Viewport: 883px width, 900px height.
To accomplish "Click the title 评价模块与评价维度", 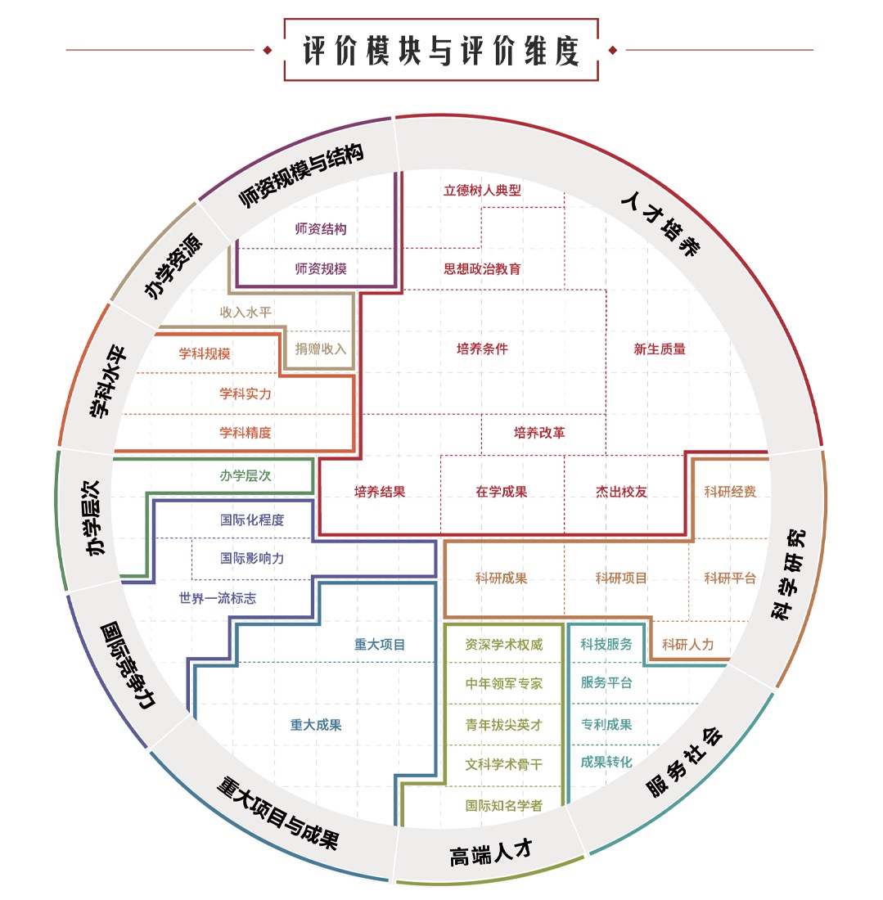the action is [x=441, y=51].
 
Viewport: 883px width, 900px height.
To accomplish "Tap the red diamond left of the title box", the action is [x=267, y=50].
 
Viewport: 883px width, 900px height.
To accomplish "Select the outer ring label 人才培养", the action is [x=661, y=223].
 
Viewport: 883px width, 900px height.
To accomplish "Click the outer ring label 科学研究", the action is [x=788, y=574].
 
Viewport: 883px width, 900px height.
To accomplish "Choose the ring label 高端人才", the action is [x=491, y=853].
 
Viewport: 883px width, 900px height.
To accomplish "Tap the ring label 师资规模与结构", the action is [x=301, y=175].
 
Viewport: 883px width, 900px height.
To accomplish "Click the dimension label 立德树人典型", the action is [x=482, y=191].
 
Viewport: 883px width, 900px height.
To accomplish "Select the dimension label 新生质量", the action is [x=660, y=349].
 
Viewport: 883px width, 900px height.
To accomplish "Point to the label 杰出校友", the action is [x=621, y=492].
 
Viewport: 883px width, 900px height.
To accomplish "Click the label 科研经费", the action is [x=730, y=492].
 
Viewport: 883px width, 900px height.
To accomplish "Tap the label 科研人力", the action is [x=687, y=645].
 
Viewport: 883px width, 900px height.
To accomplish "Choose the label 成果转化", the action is [x=606, y=763].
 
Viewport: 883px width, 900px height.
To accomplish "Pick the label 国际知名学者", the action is [x=504, y=806].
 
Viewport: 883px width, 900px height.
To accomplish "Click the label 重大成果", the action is [x=316, y=725].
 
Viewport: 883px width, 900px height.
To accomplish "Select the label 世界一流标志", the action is [x=218, y=599].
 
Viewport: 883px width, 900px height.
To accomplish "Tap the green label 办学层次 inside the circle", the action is [x=246, y=476].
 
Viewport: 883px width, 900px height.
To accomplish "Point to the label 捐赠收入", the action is [x=321, y=349].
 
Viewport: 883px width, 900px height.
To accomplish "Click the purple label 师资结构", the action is [x=321, y=229].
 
